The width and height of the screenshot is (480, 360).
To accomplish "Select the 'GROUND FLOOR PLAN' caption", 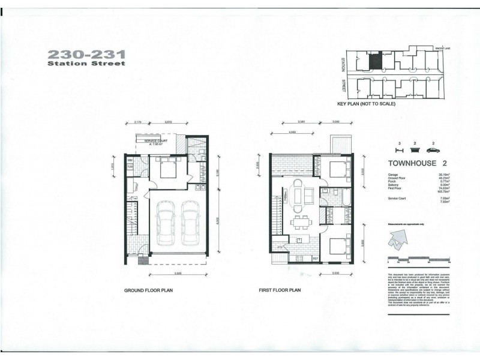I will [x=149, y=290].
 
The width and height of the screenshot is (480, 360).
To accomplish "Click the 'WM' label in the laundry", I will [x=130, y=160].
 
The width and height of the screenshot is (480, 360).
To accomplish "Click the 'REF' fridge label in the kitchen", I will [x=314, y=259].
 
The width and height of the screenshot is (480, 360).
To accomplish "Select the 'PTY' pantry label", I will [x=280, y=247].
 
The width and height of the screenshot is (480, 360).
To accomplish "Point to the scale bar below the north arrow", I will [x=419, y=260].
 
